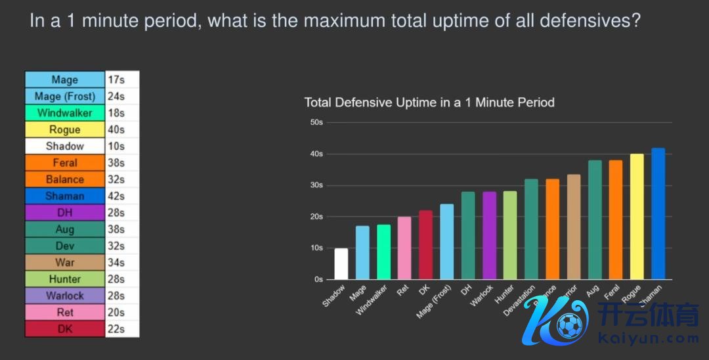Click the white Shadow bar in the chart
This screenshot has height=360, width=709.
[x=341, y=263]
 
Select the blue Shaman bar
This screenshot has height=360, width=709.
[x=658, y=214]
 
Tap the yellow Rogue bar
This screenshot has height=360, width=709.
[x=637, y=217]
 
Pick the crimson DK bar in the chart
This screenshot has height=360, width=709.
[x=425, y=244]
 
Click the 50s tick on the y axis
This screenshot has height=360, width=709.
[x=316, y=123]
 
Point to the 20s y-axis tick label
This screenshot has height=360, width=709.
[x=316, y=217]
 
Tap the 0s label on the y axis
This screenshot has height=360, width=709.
[x=318, y=279]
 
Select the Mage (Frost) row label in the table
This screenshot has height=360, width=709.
[x=64, y=97]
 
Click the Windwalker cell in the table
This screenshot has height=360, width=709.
[x=64, y=113]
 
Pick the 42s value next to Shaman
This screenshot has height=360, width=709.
[x=116, y=196]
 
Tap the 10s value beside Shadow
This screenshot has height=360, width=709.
[x=116, y=146]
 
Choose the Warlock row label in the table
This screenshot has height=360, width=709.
[x=64, y=296]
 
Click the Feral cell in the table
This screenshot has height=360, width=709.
[x=64, y=163]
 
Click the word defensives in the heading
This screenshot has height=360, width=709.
[x=586, y=21]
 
